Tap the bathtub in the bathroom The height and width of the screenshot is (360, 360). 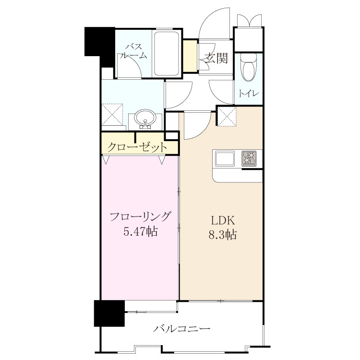point(166,53)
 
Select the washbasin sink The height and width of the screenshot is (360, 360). point(145,118)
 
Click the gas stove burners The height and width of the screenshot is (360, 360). point(249,158)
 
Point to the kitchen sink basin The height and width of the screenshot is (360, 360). point(225,158)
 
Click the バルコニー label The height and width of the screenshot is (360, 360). point(181,329)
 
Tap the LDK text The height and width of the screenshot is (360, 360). point(223,221)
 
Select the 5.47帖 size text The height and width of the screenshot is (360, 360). point(141,232)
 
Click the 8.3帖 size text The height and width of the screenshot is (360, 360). point(222,235)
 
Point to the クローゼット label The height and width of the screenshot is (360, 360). point(137,147)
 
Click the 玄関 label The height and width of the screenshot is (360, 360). point(216,58)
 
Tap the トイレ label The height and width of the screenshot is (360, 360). point(249,94)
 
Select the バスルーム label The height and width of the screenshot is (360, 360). point(133,52)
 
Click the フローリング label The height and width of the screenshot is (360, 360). point(141,216)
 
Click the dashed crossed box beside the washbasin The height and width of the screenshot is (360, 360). point(112,114)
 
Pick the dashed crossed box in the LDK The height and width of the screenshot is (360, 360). point(227,117)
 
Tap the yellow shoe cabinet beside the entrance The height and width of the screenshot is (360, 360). point(190,56)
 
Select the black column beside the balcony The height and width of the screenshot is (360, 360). point(109,313)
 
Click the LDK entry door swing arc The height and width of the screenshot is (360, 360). point(202,131)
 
